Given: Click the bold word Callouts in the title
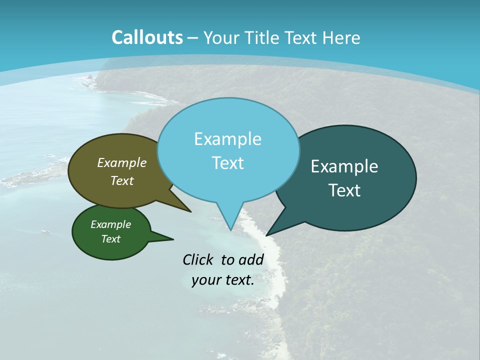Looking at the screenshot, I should pos(147,37).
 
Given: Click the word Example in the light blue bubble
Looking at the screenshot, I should pos(227,139).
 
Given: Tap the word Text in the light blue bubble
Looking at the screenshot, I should pos(227,163).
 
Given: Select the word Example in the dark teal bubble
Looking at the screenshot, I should pos(344,166).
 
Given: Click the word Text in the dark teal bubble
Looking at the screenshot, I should pos(344,190).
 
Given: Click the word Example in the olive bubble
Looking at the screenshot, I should pos(122,162).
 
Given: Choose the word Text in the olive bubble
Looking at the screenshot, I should pos(122,180).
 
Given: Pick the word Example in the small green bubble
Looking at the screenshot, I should pos(110,224).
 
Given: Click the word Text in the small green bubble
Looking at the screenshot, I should pos(110,239).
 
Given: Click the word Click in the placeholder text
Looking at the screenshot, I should pos(198,259).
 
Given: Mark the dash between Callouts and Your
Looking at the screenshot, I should pos(193,37).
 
